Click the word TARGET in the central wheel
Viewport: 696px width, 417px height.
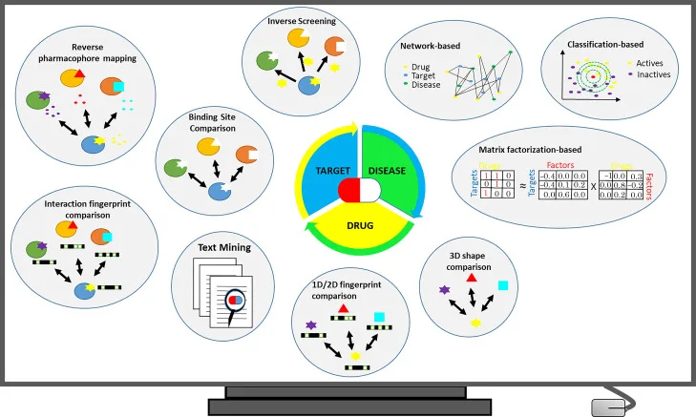point(324,170)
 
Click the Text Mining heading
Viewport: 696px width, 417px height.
point(224,248)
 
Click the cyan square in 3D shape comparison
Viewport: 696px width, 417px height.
point(502,285)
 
